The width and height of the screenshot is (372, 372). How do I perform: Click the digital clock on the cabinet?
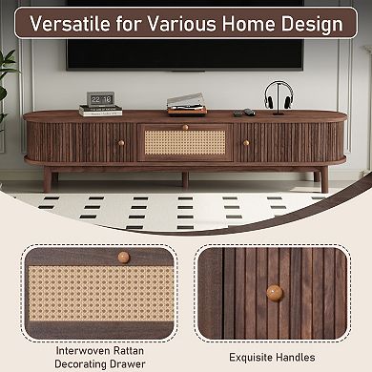(100, 98)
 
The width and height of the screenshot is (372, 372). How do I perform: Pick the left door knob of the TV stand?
(121, 143)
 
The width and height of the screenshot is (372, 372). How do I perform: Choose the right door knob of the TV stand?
(244, 143)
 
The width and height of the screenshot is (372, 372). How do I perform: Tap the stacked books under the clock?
(100, 111)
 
